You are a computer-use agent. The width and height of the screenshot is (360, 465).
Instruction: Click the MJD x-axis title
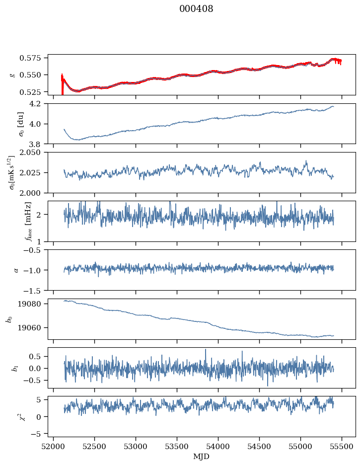click(202, 457)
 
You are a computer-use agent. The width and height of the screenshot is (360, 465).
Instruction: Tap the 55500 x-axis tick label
click(341, 446)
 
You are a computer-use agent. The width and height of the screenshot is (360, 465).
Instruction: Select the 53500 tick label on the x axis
click(177, 446)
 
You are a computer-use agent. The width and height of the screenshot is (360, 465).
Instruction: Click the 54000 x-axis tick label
click(218, 446)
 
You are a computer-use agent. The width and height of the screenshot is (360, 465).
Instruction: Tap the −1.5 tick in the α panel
click(36, 290)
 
